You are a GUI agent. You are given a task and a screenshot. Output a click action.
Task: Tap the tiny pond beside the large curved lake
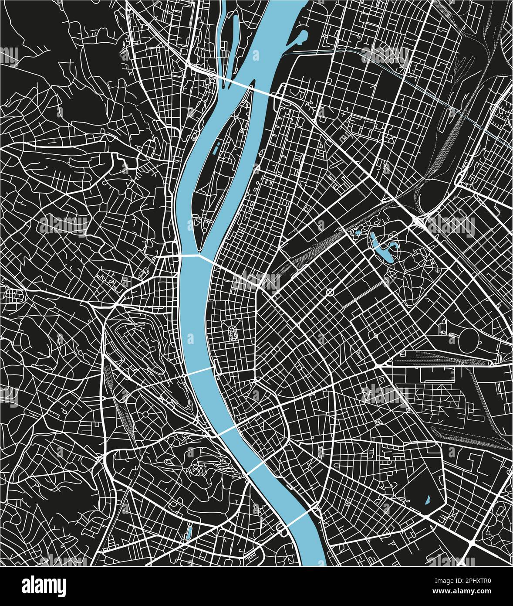(358, 233)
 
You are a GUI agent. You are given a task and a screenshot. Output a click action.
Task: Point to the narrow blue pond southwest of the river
(189, 532)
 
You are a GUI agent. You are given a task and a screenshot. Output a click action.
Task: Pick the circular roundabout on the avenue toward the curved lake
(330, 292)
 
